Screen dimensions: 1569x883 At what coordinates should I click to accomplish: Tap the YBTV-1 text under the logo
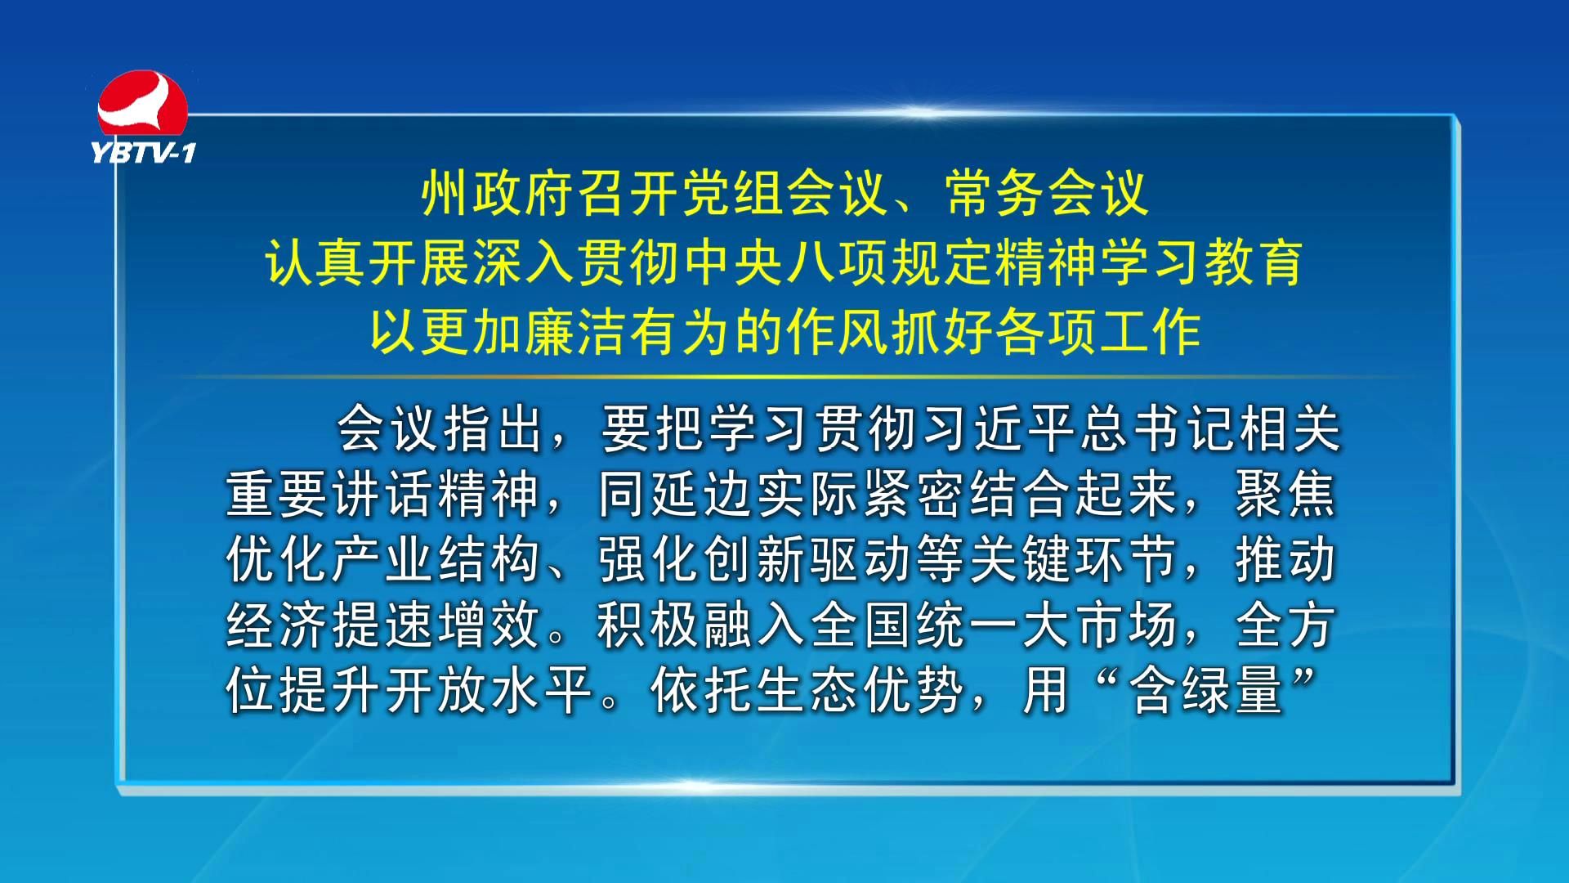pyautogui.click(x=144, y=153)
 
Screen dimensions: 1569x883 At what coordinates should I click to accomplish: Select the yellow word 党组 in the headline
pyautogui.click(x=708, y=195)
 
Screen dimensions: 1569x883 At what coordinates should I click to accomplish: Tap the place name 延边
pyautogui.click(x=703, y=494)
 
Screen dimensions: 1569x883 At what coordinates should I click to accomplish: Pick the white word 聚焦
pyautogui.click(x=1285, y=494)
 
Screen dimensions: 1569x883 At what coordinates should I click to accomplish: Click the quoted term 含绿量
pyautogui.click(x=1206, y=691)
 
